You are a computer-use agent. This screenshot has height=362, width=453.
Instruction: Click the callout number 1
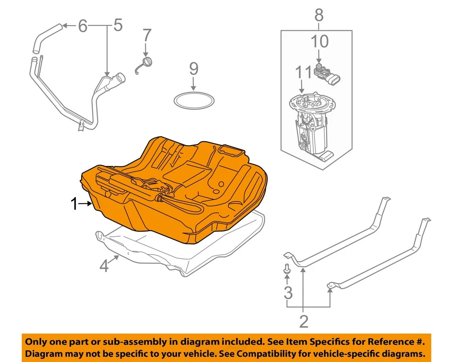click(x=74, y=204)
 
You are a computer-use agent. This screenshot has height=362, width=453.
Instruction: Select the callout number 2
click(x=303, y=321)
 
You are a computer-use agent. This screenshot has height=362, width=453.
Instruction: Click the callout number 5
click(x=117, y=25)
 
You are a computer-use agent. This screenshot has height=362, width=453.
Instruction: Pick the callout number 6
click(x=83, y=26)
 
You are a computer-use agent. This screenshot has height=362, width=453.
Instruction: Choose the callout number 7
click(x=147, y=35)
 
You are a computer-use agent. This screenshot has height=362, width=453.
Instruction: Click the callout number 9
click(x=193, y=69)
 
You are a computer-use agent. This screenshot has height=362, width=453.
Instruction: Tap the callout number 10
click(x=319, y=42)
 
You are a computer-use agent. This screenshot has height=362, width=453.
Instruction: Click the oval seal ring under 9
click(x=194, y=100)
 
